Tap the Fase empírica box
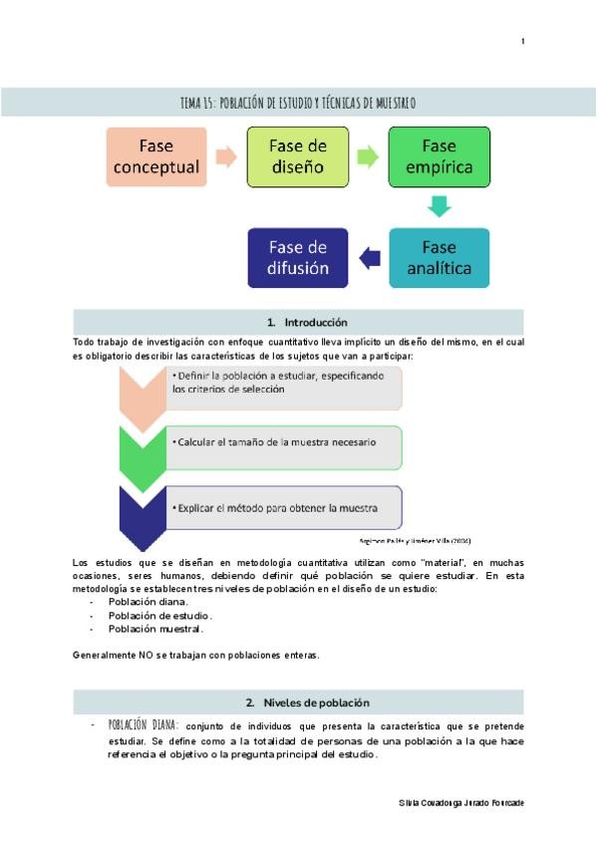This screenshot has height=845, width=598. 439,157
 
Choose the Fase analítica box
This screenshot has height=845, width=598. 439,257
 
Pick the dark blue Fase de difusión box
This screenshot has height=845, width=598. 298,257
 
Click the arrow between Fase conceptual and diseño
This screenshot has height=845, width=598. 225,157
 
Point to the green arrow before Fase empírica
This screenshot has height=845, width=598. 367,157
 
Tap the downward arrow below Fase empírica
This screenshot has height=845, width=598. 439,207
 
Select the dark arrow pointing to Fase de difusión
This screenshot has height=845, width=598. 369,258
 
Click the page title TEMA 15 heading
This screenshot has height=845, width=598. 298,103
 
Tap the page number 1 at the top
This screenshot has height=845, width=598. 522,41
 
